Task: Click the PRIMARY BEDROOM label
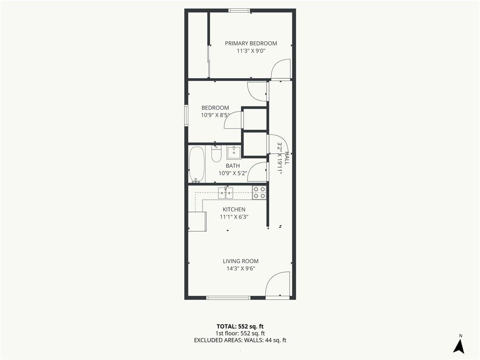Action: (x=251, y=44)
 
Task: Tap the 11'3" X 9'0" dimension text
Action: (x=251, y=51)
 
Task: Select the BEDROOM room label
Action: (x=215, y=108)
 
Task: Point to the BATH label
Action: (x=232, y=166)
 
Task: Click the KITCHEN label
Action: (x=234, y=210)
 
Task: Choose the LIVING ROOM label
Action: (x=240, y=261)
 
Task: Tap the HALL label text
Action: (x=286, y=158)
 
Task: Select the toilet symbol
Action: (x=216, y=153)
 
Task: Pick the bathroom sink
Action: (x=234, y=152)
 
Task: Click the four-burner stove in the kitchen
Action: (x=259, y=193)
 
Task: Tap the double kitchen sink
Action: (x=225, y=193)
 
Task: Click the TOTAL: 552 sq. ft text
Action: (x=240, y=326)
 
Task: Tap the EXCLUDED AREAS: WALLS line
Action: (x=240, y=340)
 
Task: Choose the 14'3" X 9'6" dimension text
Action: (x=240, y=269)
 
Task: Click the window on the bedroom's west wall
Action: (x=186, y=115)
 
